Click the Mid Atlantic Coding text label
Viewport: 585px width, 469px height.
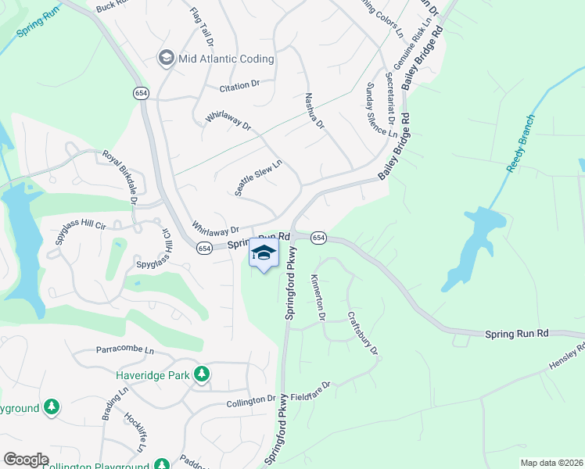(226, 59)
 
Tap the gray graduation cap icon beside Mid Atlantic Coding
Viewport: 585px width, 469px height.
(166, 58)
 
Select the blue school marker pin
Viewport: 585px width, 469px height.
(264, 254)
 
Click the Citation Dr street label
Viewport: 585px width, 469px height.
(239, 84)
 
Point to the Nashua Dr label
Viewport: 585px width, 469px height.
(313, 111)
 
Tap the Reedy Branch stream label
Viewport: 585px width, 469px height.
(520, 141)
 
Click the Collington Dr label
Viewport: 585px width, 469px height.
(252, 403)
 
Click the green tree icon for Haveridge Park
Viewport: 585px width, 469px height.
(202, 375)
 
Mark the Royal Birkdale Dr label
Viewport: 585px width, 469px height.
(120, 178)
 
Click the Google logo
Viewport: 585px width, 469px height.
(26, 460)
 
